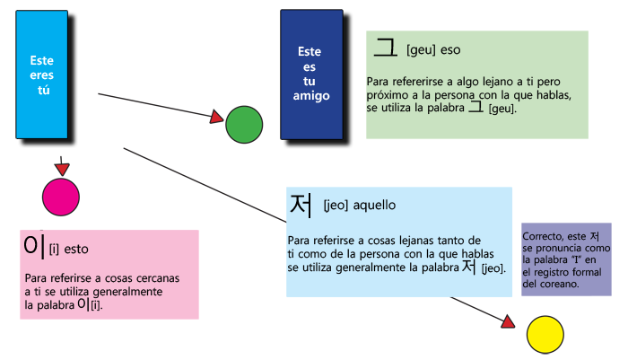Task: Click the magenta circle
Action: click(x=62, y=197)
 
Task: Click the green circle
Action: click(x=243, y=124)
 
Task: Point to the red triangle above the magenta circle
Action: click(x=62, y=170)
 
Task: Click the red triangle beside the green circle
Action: click(x=216, y=118)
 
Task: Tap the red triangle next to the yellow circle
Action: click(x=509, y=321)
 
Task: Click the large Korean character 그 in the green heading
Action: click(x=386, y=47)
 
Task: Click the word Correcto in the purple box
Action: click(x=542, y=237)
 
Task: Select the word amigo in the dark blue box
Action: click(x=310, y=95)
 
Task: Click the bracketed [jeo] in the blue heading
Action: click(x=335, y=206)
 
